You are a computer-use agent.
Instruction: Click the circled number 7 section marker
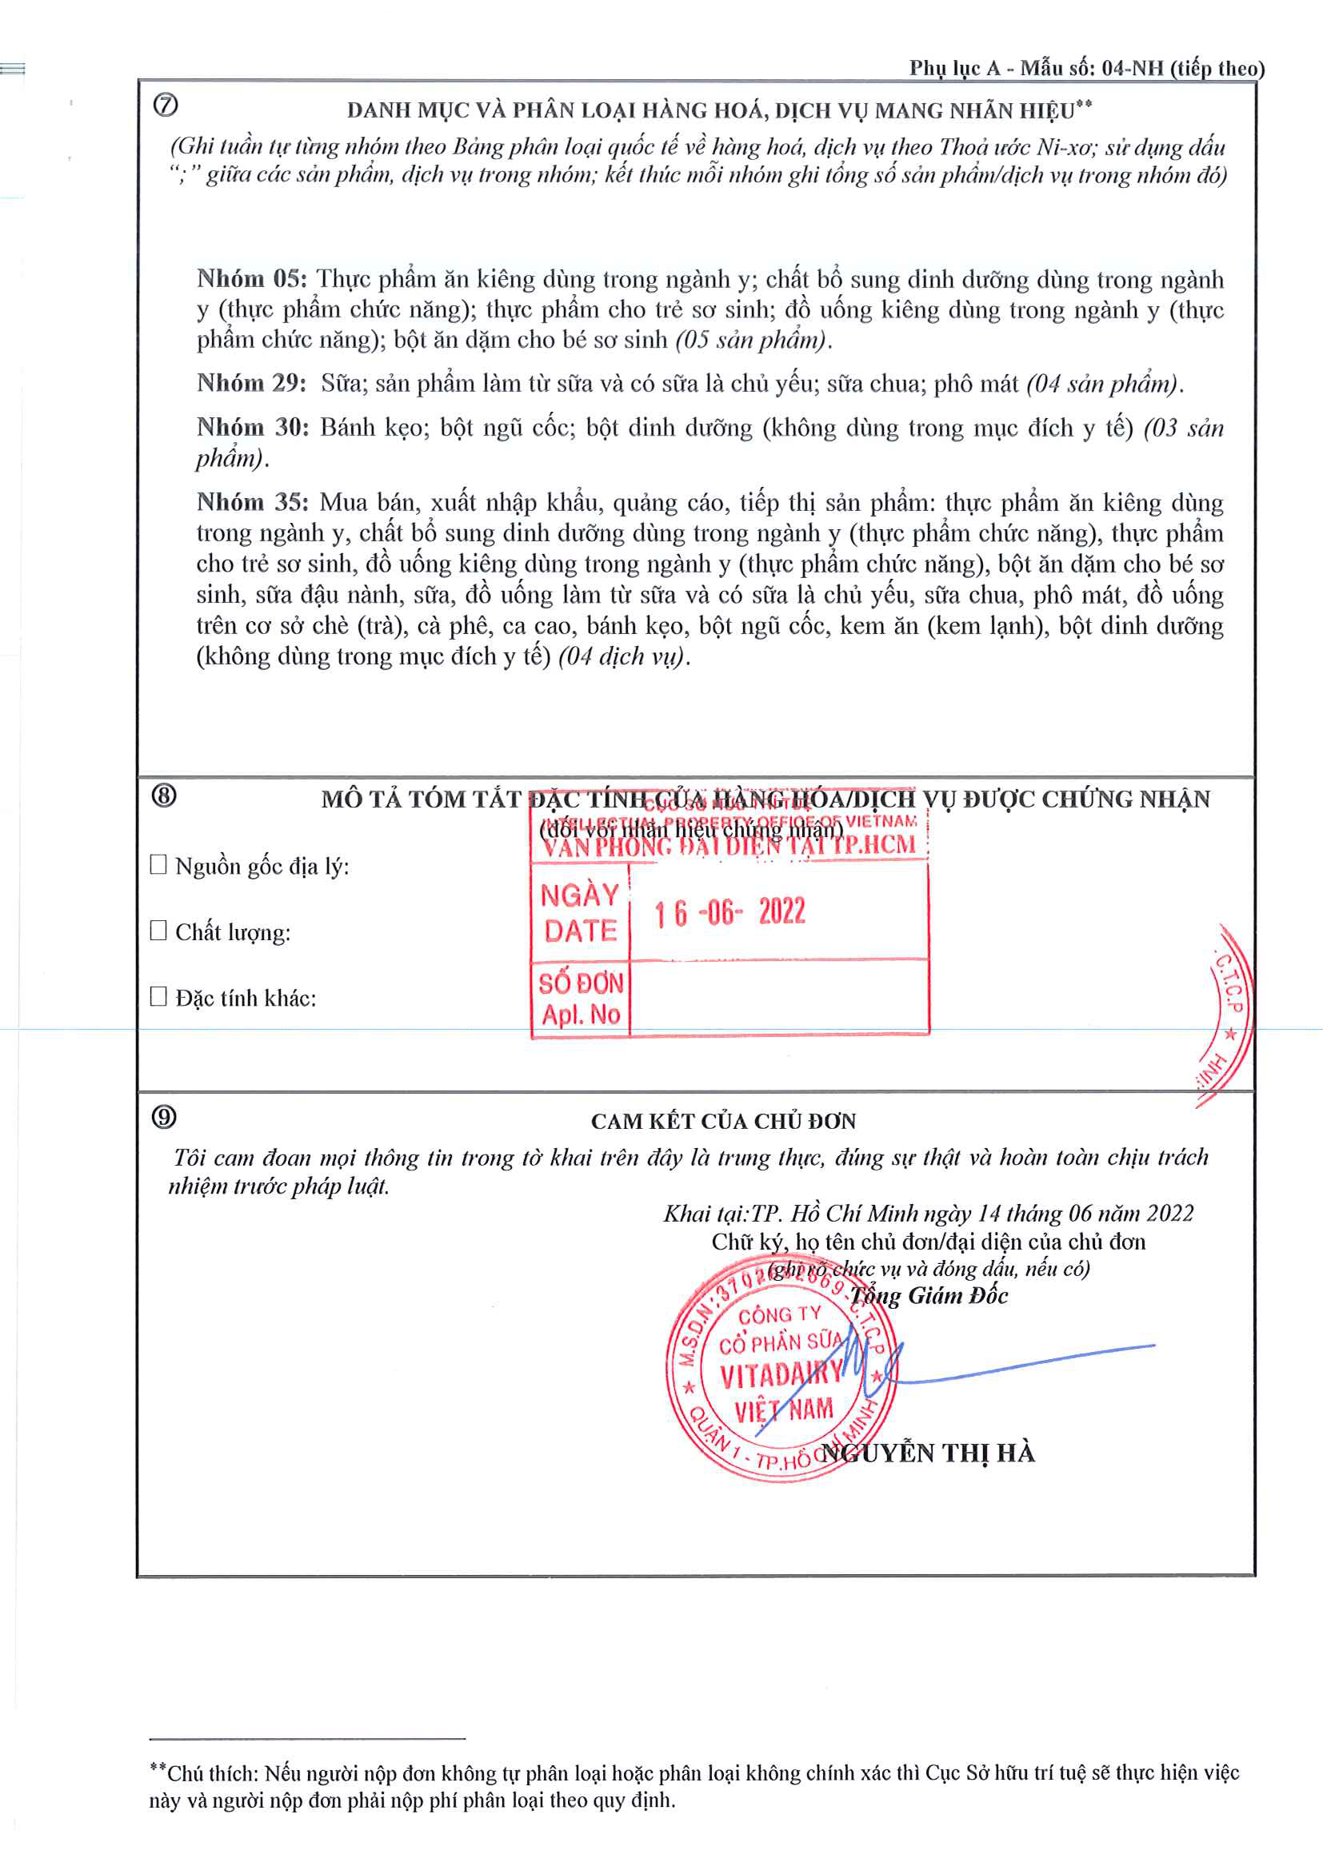point(166,105)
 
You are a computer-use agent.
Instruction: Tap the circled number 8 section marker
point(164,795)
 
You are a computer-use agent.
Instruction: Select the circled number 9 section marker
point(164,1117)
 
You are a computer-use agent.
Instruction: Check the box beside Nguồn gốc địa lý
point(159,864)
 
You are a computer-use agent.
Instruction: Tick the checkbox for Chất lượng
point(159,930)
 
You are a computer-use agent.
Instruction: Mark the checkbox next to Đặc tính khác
point(159,996)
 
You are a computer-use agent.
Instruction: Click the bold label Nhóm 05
point(251,279)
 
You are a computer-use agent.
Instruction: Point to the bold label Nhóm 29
point(251,383)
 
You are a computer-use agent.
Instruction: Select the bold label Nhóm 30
point(252,428)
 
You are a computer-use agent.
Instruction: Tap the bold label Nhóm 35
point(252,503)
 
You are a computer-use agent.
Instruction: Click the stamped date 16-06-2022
point(730,912)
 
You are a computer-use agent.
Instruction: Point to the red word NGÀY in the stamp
point(580,895)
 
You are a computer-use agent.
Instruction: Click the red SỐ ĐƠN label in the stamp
point(581,983)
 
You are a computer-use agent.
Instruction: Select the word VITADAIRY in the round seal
point(780,1376)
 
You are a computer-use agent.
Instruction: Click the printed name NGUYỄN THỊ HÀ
point(928,1453)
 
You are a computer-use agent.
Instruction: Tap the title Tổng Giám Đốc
point(929,1296)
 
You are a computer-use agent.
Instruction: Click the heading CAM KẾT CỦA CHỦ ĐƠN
point(723,1122)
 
